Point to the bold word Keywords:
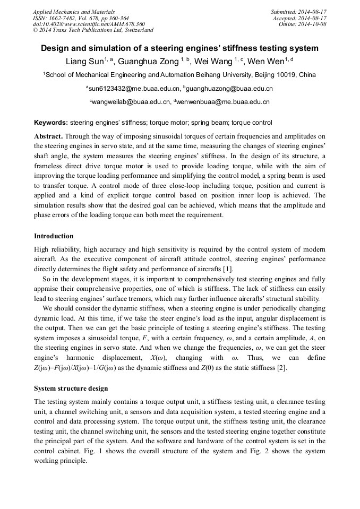(x=51, y=123)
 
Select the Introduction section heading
(x=54, y=236)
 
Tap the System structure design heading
(x=71, y=389)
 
